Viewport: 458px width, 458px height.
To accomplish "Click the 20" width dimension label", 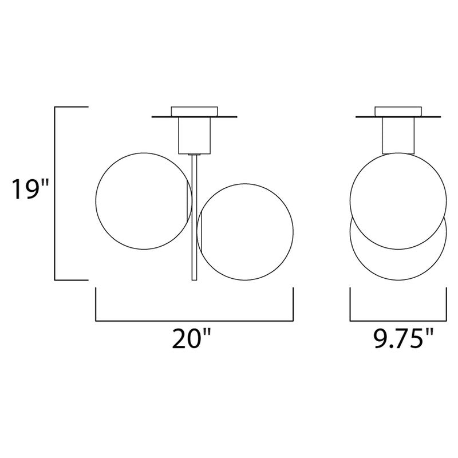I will click(x=191, y=340).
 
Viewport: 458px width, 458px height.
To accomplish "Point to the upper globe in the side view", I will click(x=398, y=200).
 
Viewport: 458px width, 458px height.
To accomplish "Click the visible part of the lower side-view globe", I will click(x=398, y=266).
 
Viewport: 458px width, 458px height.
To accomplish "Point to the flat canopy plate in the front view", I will click(x=166, y=117).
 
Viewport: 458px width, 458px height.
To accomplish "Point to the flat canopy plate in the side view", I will click(x=366, y=117).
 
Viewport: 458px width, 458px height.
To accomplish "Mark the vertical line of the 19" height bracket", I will click(x=55, y=194).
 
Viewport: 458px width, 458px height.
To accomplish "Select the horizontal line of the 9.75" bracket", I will click(x=398, y=319).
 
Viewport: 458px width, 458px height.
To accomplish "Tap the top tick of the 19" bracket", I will click(x=71, y=107).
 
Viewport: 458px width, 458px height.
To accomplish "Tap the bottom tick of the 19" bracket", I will click(x=71, y=280).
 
